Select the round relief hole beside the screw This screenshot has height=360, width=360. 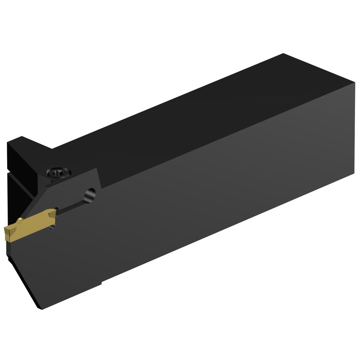pyautogui.click(x=90, y=195)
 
